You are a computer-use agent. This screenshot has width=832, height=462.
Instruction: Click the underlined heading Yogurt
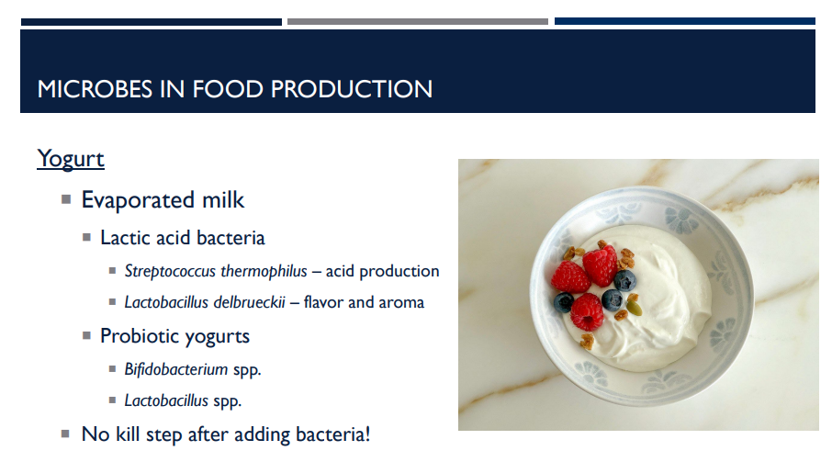(71, 159)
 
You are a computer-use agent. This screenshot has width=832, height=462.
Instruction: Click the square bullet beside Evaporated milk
(66, 199)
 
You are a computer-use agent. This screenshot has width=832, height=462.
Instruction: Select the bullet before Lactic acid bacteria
(86, 237)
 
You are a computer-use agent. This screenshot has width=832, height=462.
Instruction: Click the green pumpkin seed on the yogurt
(622, 314)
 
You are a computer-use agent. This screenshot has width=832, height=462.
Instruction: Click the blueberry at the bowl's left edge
(564, 300)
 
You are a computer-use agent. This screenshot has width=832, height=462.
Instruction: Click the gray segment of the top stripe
(418, 21)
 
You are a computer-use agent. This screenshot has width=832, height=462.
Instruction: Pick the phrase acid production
(382, 271)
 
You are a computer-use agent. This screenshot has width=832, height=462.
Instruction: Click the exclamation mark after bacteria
(367, 434)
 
